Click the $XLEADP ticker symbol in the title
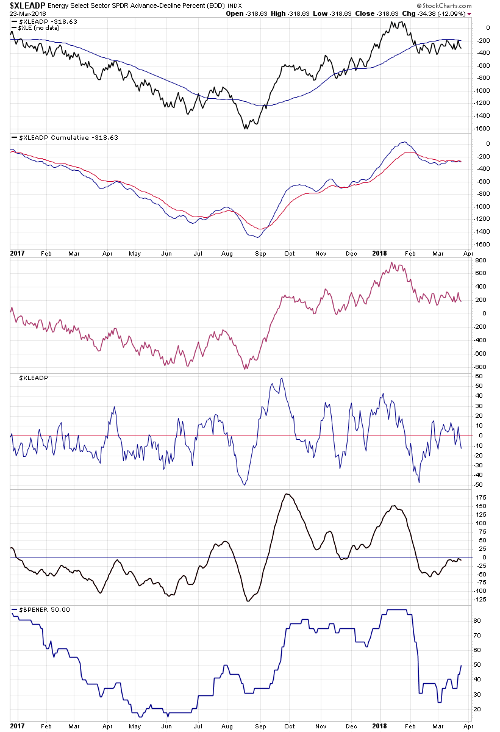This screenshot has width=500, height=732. [27, 5]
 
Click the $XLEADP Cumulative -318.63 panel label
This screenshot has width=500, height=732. [65, 138]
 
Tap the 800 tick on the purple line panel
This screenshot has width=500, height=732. [480, 260]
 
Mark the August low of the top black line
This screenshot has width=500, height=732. [245, 128]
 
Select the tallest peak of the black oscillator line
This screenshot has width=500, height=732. [287, 494]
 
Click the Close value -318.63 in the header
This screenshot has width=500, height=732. [378, 13]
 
